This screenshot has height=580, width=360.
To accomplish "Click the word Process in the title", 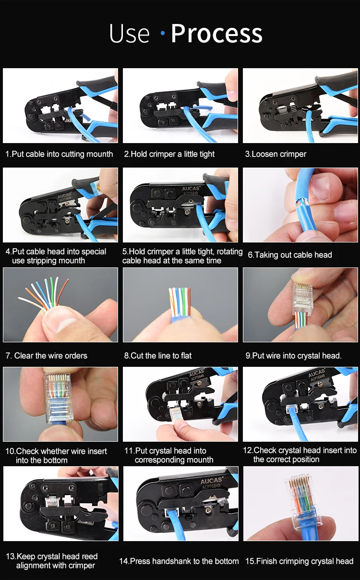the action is (x=216, y=34).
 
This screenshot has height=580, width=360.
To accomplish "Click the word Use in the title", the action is (x=129, y=34).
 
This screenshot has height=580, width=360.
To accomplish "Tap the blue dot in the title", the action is (x=163, y=33).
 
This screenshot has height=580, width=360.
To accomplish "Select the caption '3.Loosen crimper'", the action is (x=276, y=154).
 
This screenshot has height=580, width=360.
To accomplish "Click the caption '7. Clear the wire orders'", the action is (x=47, y=355).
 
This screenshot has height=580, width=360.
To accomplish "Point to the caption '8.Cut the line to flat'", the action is (x=158, y=355).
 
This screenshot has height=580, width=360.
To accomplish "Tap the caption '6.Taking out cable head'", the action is (x=290, y=255).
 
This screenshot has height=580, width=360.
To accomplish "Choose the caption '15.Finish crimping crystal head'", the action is (x=300, y=561).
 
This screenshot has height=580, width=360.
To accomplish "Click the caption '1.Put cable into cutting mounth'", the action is (x=59, y=154).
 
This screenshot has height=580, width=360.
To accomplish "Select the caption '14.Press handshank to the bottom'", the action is (x=179, y=561).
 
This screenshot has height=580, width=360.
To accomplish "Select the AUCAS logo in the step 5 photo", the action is (x=191, y=189).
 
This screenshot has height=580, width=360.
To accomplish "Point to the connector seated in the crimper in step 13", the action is (x=52, y=502).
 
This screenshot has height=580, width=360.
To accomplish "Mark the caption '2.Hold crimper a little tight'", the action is (x=169, y=154).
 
